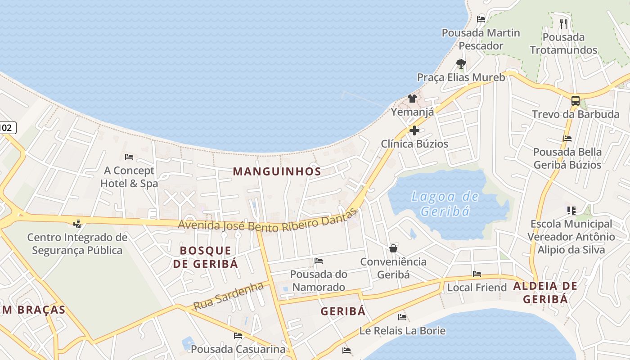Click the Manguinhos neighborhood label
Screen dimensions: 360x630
point(277,171)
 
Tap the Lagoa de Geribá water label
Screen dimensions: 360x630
point(445,204)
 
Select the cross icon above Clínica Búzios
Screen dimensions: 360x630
point(414,131)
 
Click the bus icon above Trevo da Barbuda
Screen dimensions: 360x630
point(576,101)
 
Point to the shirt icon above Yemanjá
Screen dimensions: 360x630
point(412,99)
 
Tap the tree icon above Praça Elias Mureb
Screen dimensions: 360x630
point(461,64)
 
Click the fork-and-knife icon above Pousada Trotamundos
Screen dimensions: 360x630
point(563,23)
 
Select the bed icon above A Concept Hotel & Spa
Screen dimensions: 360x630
point(129,157)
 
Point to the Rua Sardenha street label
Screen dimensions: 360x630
point(228,296)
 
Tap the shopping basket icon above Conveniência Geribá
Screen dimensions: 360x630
point(393,248)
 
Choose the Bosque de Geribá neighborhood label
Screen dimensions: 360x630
point(206,257)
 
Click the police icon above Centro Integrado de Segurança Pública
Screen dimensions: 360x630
point(77,223)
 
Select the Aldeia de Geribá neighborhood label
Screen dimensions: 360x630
point(545,292)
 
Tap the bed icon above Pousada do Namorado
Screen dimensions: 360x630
point(319,261)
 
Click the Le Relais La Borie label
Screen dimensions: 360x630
point(402,331)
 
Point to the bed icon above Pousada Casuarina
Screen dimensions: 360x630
point(238,336)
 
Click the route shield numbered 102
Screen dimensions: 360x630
point(6,128)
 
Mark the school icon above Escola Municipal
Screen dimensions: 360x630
point(571,210)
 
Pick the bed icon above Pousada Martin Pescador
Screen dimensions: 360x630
point(481,19)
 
